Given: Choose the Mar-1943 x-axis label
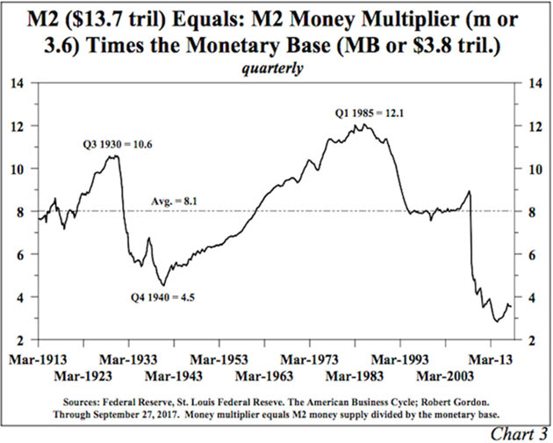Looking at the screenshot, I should (180, 376).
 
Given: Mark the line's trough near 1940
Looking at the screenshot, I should (161, 285).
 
